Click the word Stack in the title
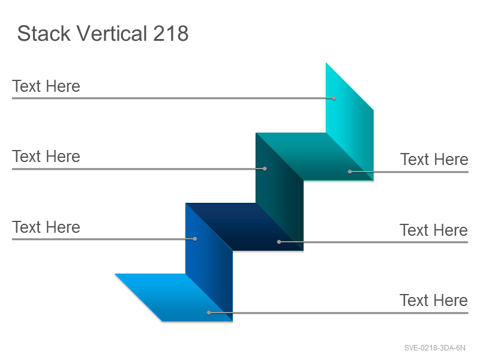[x=44, y=33]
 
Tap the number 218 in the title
[x=170, y=33]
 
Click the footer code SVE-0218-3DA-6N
[x=434, y=348]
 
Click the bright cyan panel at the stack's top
[x=350, y=122]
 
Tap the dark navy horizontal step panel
[x=245, y=227]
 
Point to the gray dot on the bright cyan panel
[x=334, y=98]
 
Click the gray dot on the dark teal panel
[x=265, y=169]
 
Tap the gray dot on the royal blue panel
[x=195, y=239]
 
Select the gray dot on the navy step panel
[x=279, y=242]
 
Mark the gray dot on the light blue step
[x=209, y=313]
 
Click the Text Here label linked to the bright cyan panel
[x=46, y=86]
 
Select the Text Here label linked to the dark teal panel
[x=46, y=157]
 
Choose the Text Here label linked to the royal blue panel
[x=46, y=227]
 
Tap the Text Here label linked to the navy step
[x=434, y=230]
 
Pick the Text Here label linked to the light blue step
[x=434, y=301]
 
